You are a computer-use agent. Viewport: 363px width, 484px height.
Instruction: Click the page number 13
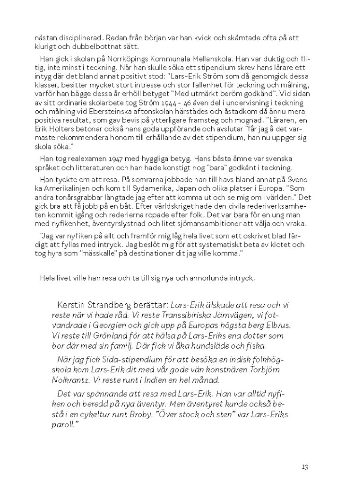coord(305,467)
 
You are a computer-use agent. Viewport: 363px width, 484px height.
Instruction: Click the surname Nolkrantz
coord(72,380)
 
